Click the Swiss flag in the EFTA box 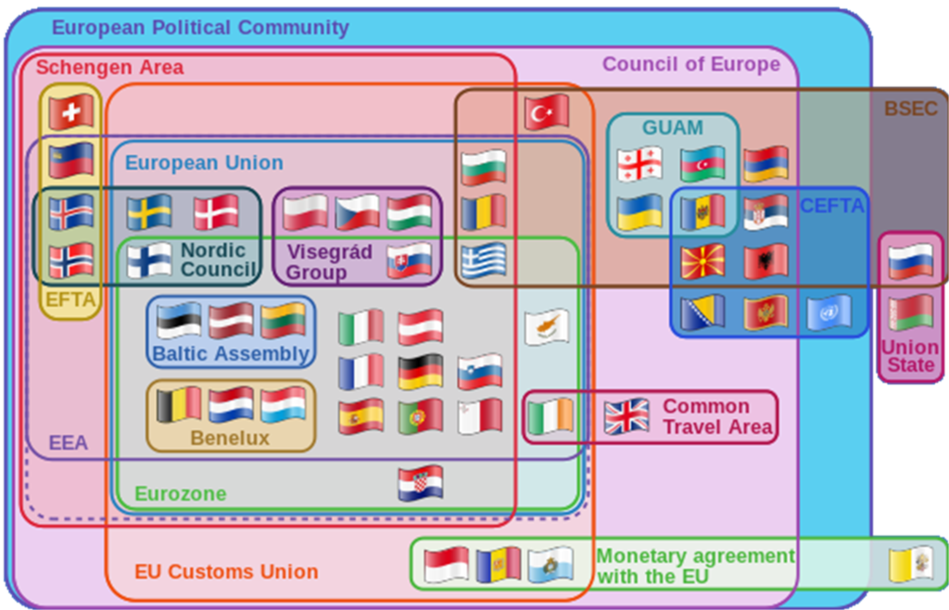point(71,113)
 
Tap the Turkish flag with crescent point(546,112)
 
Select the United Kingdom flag point(627,416)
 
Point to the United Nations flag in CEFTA point(828,313)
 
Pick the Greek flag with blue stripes point(484,261)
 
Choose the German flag point(420,372)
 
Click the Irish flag point(550,417)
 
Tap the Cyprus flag point(547,327)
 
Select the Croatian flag point(420,483)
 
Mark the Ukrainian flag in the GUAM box point(639,211)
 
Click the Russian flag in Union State point(910,261)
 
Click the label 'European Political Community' point(200,27)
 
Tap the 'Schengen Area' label point(109,68)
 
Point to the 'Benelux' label point(230,438)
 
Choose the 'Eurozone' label point(181,493)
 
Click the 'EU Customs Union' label point(226,571)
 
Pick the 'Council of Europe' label point(690,64)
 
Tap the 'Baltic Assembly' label point(231,353)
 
